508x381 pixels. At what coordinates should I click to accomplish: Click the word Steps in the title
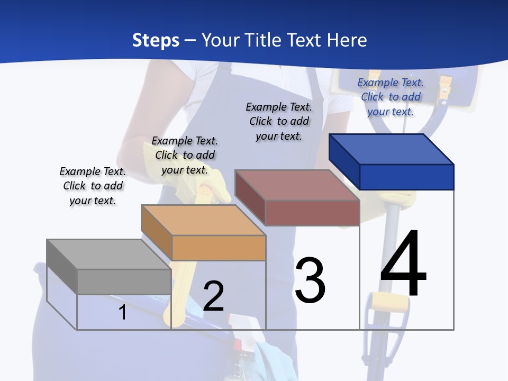point(156,40)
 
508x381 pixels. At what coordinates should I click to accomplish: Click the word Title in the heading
point(265,40)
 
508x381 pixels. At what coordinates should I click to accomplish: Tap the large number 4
point(404,264)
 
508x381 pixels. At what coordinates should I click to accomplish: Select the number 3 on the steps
point(310,280)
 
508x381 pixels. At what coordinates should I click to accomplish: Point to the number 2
point(213,296)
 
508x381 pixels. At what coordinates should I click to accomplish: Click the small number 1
point(122,312)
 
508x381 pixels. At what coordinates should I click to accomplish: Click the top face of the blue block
point(392,149)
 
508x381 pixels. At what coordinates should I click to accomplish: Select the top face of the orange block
point(204,220)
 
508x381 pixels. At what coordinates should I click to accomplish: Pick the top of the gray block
point(109,255)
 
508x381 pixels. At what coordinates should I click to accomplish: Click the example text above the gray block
point(93,186)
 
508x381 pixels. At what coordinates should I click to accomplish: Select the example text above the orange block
point(185,155)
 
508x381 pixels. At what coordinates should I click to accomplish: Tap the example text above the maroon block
point(279,121)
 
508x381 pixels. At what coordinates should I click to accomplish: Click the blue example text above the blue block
point(391,97)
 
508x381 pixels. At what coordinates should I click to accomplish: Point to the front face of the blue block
point(406,177)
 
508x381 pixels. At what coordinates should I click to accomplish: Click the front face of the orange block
point(219,248)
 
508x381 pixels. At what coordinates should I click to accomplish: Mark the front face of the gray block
point(124,282)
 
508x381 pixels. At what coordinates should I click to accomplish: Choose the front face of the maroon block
point(312,213)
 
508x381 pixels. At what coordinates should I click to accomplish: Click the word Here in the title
point(347,40)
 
